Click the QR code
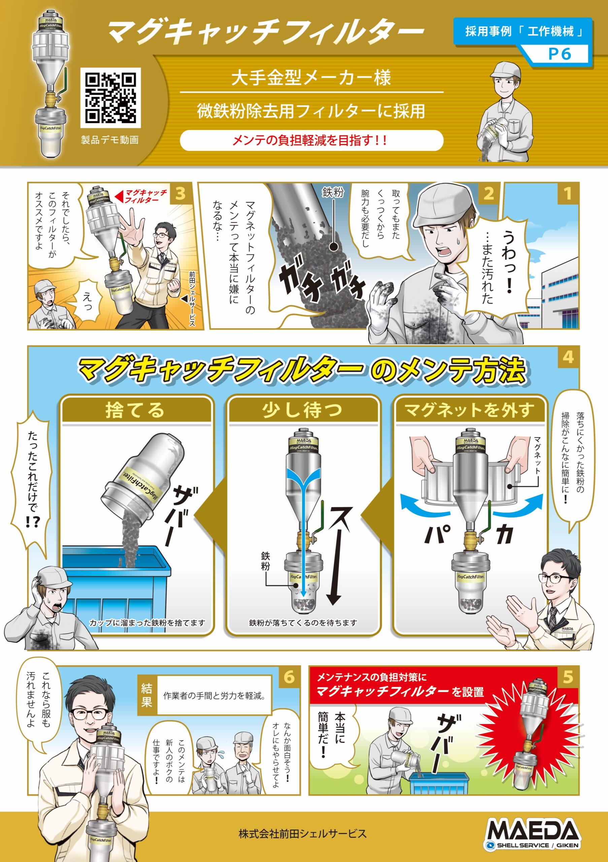(110, 97)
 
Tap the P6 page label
(559, 54)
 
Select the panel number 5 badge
(568, 677)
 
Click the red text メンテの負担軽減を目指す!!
(310, 140)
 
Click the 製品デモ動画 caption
(110, 140)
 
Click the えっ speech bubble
(87, 300)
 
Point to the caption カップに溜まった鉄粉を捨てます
(147, 623)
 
